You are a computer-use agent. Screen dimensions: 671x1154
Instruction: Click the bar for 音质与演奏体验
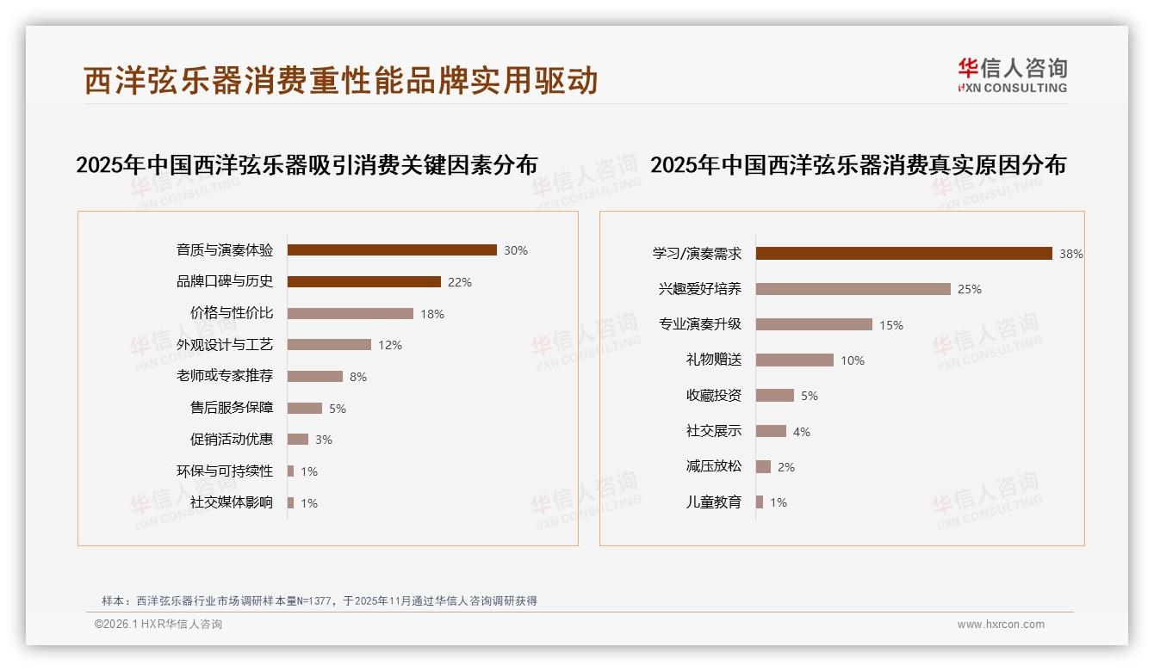(392, 250)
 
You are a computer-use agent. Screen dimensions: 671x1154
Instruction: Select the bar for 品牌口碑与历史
(363, 282)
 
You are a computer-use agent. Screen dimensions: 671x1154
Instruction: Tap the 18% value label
(432, 314)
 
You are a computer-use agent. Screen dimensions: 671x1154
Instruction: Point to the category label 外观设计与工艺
(225, 345)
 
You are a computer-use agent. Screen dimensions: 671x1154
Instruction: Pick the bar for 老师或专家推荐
(314, 377)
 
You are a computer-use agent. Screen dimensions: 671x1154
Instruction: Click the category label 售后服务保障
(232, 408)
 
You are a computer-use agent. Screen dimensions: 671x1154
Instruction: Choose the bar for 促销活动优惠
(297, 440)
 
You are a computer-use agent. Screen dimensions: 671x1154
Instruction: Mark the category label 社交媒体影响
(232, 502)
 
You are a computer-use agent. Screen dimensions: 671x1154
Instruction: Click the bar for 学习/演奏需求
(903, 254)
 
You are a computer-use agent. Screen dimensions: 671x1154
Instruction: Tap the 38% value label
(1071, 255)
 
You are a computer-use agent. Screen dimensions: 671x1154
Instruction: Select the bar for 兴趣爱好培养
(853, 289)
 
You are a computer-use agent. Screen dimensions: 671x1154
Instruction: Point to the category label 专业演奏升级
(700, 324)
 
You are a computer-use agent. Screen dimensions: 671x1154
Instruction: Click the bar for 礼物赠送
(794, 360)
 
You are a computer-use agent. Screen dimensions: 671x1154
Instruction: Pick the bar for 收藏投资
(774, 396)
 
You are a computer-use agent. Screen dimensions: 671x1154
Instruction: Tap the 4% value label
(802, 432)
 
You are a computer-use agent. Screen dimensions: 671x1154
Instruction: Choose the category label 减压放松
(714, 466)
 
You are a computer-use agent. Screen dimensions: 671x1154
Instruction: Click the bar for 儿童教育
(759, 502)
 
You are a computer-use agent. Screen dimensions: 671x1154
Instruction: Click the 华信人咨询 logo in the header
(1012, 75)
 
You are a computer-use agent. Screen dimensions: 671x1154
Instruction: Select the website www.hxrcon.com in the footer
(1001, 625)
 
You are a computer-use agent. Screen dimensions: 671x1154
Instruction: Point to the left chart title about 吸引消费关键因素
(307, 165)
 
